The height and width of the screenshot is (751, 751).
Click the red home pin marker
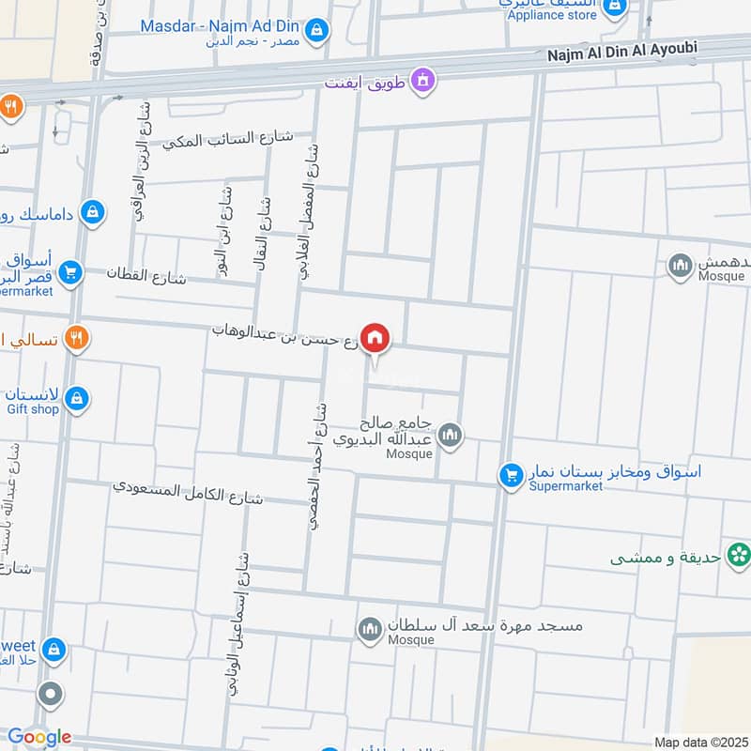pos(375,337)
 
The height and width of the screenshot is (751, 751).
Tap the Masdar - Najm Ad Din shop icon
pos(316,29)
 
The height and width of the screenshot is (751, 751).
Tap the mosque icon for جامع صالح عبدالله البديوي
pos(451,436)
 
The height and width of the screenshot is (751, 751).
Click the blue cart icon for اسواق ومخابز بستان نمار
pos(511,476)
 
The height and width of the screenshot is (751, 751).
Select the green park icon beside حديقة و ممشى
pos(739,557)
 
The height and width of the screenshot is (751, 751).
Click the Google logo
pos(38,737)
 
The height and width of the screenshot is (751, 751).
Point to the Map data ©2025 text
pos(699,742)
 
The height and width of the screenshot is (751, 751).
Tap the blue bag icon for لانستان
pos(77,399)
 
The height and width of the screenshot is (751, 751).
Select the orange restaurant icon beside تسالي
pos(77,338)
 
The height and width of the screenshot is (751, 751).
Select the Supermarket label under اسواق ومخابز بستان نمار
pos(565,486)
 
